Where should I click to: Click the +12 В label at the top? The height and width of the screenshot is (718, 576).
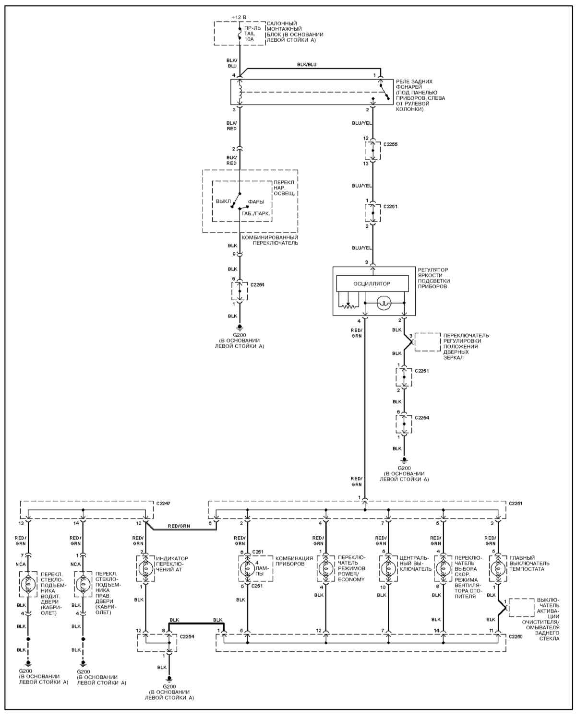coord(239,17)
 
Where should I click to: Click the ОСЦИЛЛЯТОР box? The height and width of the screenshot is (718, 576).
coord(372,283)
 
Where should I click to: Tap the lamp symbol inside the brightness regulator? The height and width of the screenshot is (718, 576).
coord(384,303)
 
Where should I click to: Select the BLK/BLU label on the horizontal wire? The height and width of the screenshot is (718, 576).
coord(307,64)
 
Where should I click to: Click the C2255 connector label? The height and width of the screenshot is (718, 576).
coord(390,144)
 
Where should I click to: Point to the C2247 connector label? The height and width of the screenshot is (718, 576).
coord(163,504)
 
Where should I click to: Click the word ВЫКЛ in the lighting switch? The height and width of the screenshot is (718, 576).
coord(223,201)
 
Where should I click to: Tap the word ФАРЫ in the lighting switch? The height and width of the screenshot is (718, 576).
coord(256,202)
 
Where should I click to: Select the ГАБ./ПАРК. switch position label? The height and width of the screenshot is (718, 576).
coord(255,213)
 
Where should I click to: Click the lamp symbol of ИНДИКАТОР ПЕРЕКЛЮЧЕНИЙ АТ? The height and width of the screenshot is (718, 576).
coord(145,568)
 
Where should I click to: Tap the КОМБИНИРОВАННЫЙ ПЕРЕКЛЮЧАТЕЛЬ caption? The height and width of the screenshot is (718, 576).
coord(270,240)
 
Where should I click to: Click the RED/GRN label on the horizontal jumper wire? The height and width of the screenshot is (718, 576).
coord(179,526)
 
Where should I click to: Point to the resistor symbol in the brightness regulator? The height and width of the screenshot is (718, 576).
coord(349,306)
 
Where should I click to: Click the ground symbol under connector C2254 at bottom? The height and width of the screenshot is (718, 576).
coord(169,679)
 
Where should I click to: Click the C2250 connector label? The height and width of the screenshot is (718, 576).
coord(516,636)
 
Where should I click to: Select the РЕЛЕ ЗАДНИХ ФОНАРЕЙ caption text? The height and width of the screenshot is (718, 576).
coord(414,84)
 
